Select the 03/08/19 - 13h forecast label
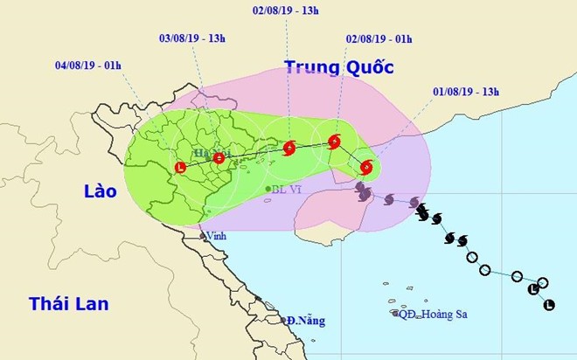[192, 38]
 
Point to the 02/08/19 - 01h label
[379, 38]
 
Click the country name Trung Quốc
[338, 67]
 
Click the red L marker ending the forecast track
[181, 167]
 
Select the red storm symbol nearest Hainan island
[366, 167]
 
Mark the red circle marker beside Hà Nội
[219, 158]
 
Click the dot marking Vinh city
[201, 235]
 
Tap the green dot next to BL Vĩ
[268, 189]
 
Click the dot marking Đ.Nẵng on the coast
[283, 320]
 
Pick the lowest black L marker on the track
[549, 305]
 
